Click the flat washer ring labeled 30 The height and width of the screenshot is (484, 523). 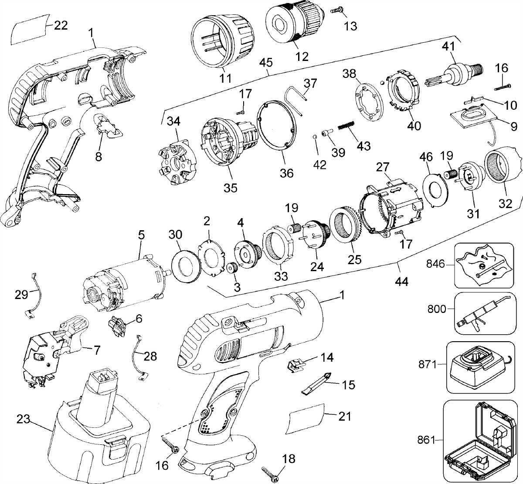tap(185, 265)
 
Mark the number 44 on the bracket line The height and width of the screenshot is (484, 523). tap(401, 282)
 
